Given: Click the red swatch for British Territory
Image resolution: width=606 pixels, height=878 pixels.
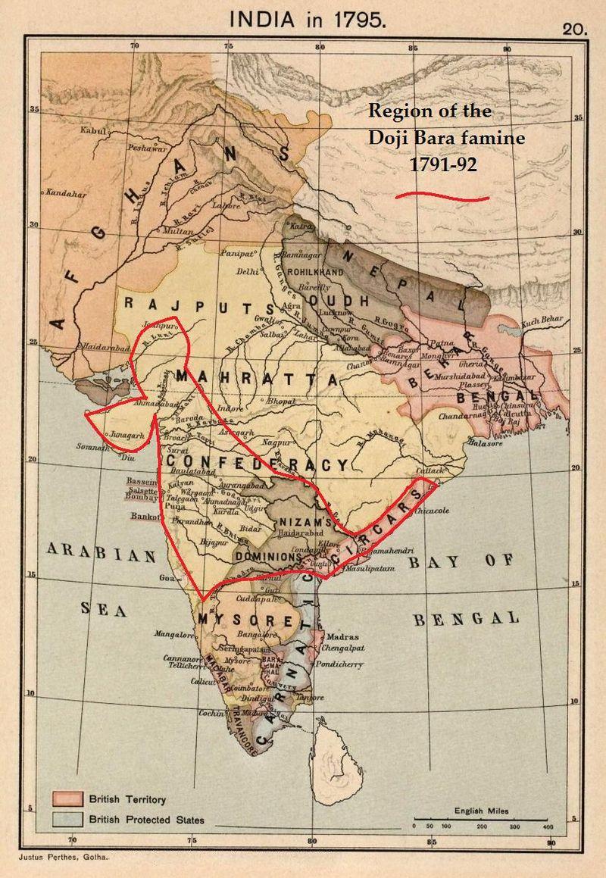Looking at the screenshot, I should (x=66, y=798).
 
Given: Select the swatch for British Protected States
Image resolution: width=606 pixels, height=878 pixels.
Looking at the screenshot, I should (x=66, y=818).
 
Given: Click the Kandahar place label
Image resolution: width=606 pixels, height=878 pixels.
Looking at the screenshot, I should (x=66, y=193).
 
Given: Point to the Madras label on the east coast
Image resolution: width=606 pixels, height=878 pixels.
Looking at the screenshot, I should (x=344, y=637).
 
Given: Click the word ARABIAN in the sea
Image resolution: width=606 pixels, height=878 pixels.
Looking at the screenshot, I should (x=102, y=554).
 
